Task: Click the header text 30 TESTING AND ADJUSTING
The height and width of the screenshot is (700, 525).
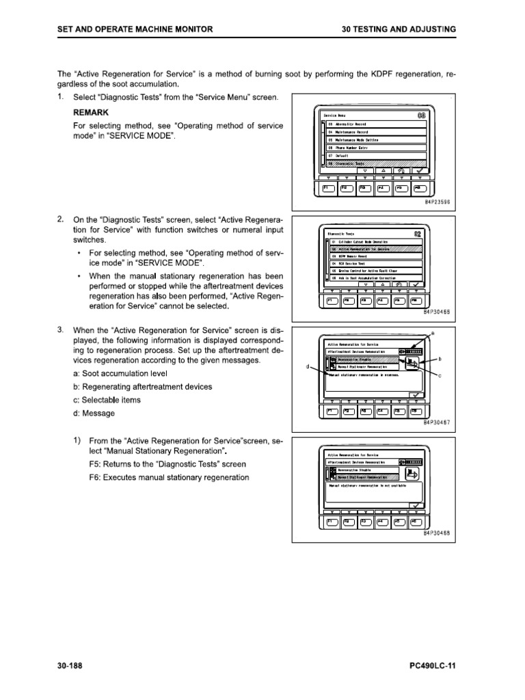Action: click(x=399, y=29)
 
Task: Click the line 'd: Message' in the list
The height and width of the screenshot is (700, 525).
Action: click(x=93, y=414)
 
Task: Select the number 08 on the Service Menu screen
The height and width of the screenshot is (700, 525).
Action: click(x=421, y=114)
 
